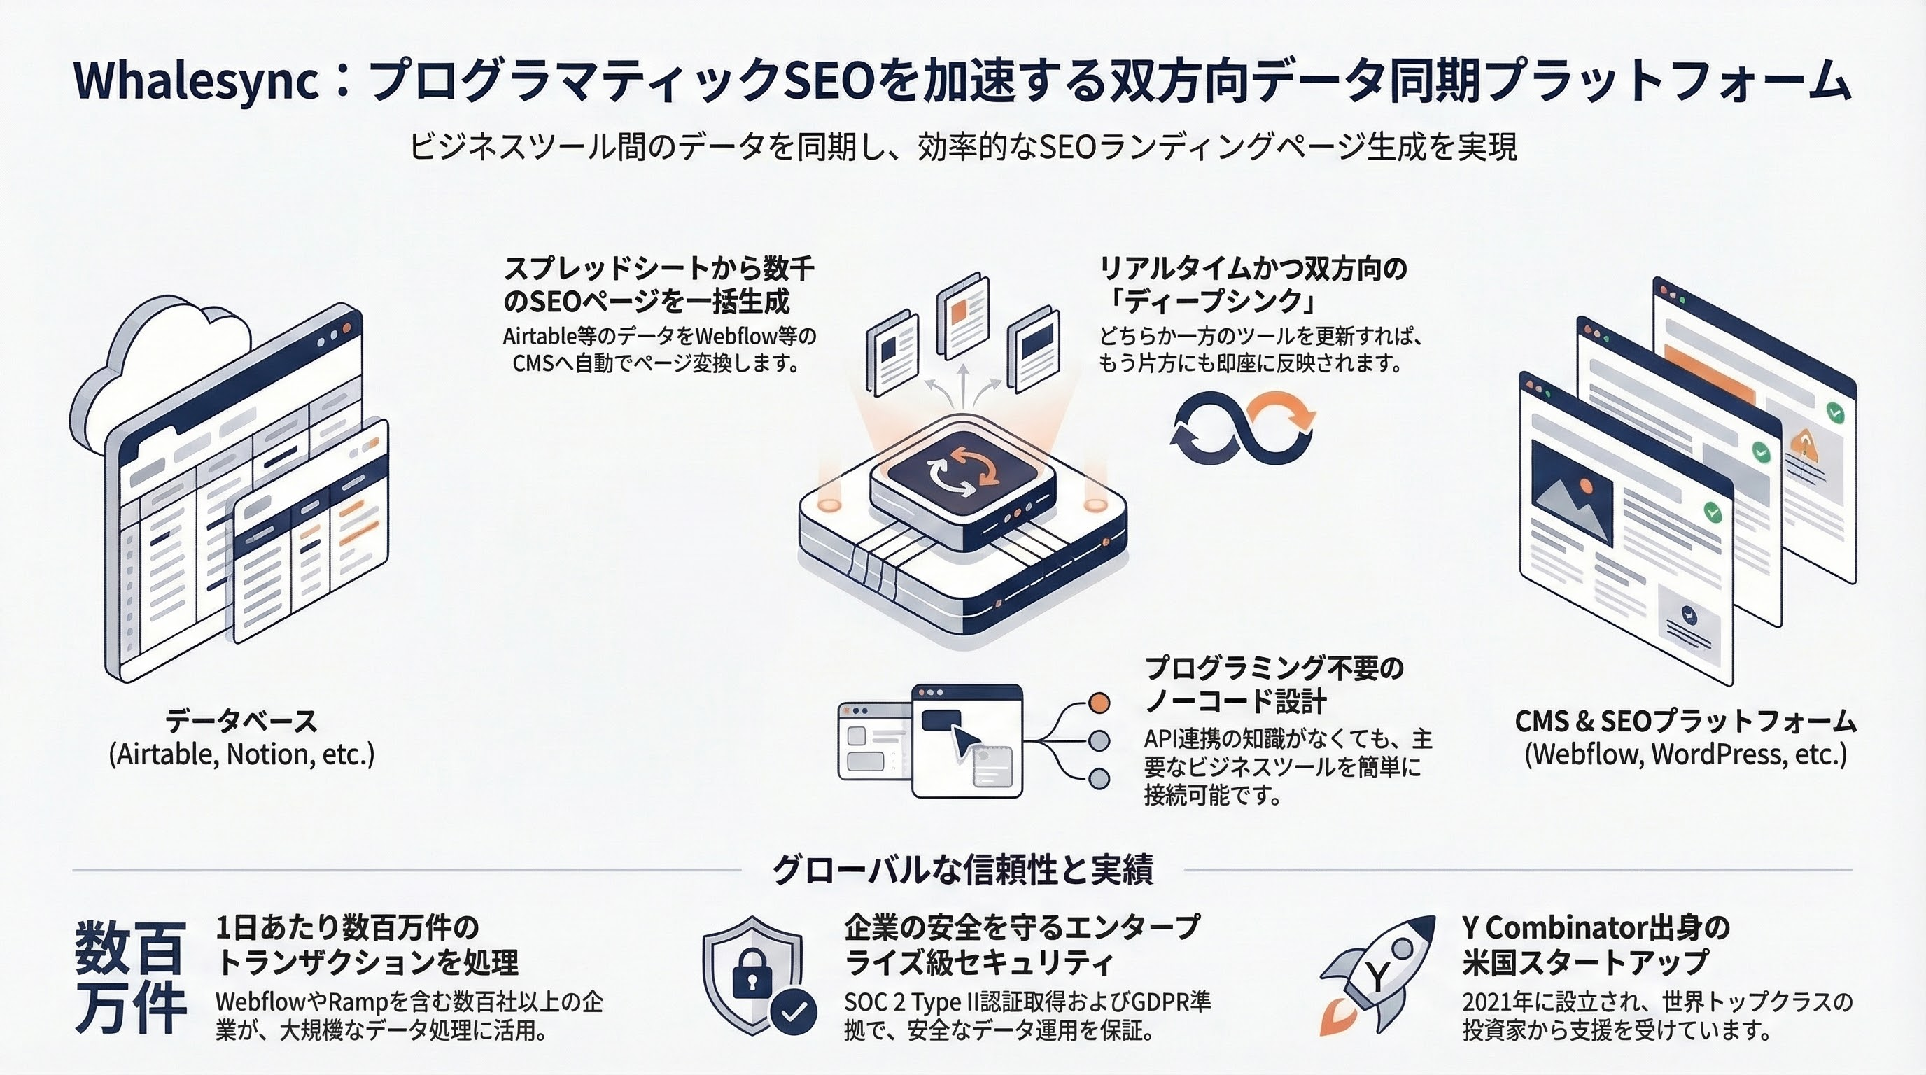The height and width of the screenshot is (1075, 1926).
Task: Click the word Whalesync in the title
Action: tap(197, 81)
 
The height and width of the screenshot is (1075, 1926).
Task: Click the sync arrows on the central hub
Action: tap(963, 473)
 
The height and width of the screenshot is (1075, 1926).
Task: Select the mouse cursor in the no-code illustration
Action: tap(964, 742)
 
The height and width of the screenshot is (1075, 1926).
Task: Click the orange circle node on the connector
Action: tap(1099, 703)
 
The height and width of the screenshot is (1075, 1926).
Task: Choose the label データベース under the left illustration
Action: tap(241, 721)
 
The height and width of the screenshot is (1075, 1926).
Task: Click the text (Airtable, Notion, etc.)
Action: tap(241, 754)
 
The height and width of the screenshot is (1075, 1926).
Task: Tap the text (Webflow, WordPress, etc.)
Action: tap(1686, 754)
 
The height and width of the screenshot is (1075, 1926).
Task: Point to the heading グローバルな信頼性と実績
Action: tap(962, 869)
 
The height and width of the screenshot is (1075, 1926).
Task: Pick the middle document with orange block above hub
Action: tap(963, 314)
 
